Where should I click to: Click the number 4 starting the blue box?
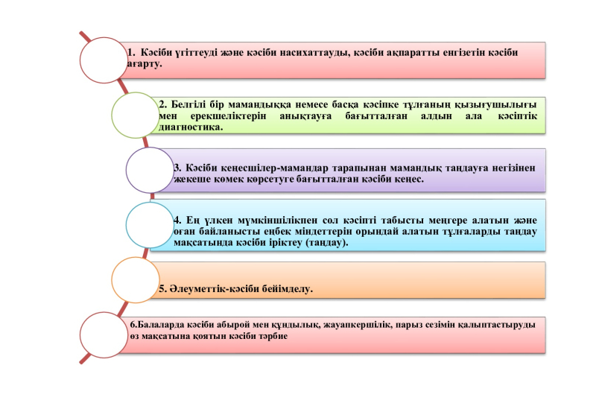tap(177, 221)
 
